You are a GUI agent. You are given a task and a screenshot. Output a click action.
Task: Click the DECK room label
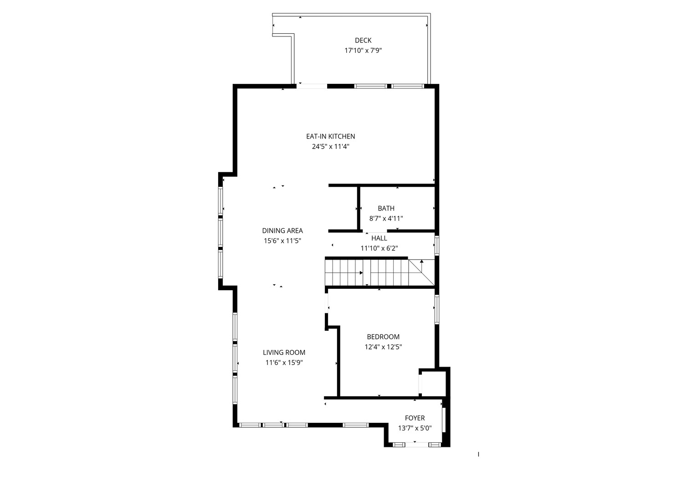point(363,41)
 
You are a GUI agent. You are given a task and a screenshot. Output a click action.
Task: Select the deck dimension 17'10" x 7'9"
point(363,51)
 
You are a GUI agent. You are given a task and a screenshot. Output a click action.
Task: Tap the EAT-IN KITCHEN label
point(330,136)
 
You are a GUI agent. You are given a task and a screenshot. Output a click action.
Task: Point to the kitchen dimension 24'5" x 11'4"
point(330,147)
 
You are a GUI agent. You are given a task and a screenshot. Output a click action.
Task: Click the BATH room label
point(386,209)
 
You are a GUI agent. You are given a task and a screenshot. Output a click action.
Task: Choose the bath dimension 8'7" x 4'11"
point(386,219)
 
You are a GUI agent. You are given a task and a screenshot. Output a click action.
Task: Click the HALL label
point(379,238)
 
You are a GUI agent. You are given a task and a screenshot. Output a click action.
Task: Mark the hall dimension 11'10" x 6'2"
point(379,248)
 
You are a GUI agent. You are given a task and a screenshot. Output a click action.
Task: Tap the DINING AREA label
point(282,231)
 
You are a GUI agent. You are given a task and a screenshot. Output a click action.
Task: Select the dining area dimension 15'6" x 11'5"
point(282,241)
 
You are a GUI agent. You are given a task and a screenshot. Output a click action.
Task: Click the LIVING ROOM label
point(284,353)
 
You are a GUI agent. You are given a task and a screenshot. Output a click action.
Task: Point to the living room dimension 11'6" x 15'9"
point(284,363)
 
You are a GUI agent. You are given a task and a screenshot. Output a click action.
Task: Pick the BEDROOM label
point(383,337)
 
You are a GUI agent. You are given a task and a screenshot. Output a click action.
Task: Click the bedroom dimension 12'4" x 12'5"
point(383,347)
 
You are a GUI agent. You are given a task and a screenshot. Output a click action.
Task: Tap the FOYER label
point(415,418)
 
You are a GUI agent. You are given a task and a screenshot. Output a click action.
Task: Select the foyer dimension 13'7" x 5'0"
point(415,428)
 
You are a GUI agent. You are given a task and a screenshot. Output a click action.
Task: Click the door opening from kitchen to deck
point(313,86)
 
